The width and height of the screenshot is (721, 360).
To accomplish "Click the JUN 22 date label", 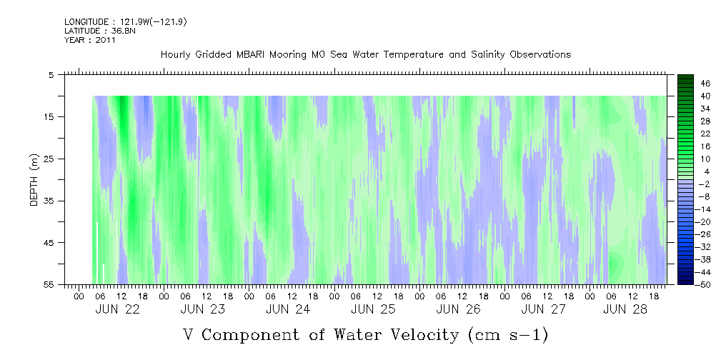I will [117, 309].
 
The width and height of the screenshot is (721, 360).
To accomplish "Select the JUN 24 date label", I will [287, 309].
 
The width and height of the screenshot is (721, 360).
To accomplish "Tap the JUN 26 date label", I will [457, 309].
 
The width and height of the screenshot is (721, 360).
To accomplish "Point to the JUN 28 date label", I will [625, 309].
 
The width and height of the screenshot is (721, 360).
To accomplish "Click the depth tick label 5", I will [51, 74].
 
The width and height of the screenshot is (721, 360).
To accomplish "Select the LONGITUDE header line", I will [126, 22].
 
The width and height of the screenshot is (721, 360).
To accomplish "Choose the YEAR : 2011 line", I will [90, 40].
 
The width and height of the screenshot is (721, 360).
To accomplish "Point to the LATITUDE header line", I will [100, 31].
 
